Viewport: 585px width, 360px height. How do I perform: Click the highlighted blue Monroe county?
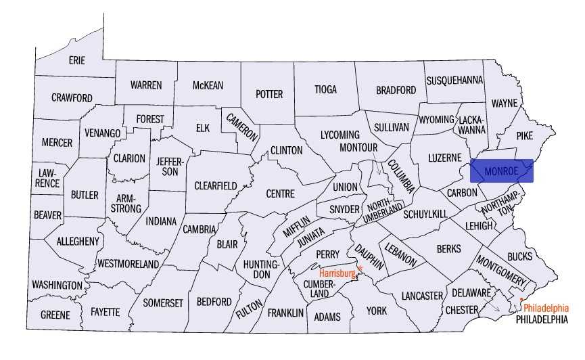click(x=502, y=171)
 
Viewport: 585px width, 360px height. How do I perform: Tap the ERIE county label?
click(x=77, y=60)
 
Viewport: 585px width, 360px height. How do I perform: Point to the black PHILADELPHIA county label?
click(x=541, y=319)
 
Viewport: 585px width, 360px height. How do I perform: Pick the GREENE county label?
click(x=55, y=315)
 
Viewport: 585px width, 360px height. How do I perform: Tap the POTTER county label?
click(x=268, y=94)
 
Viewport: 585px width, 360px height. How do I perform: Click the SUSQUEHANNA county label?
click(x=454, y=81)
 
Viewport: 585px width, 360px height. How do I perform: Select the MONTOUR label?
click(x=358, y=148)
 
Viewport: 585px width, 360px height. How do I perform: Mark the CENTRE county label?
click(x=280, y=194)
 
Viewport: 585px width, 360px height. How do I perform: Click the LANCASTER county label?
click(x=421, y=296)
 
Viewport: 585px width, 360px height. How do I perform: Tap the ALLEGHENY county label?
click(x=78, y=241)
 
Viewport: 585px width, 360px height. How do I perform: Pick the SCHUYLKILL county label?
click(x=425, y=214)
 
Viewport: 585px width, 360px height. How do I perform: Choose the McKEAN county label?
click(x=208, y=85)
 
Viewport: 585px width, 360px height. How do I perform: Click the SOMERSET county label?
click(x=162, y=302)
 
